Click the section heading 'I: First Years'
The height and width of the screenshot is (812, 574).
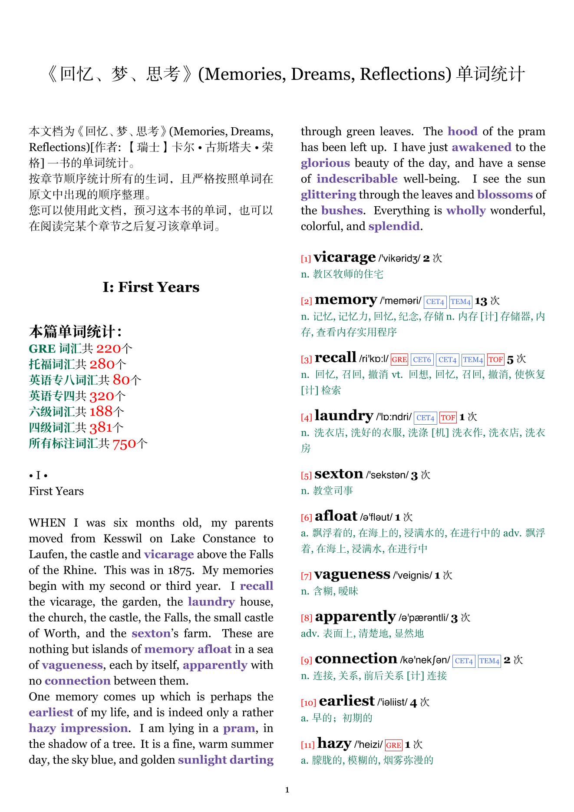pyautogui.click(x=151, y=287)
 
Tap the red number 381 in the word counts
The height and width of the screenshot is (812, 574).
pyautogui.click(x=101, y=428)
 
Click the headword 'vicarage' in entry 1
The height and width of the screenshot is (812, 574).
pyautogui.click(x=344, y=257)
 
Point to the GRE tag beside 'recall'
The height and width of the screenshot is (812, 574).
pyautogui.click(x=399, y=360)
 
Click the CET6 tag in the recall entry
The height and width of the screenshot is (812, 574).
pyautogui.click(x=422, y=360)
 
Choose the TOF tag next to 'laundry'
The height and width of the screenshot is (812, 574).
pyautogui.click(x=448, y=418)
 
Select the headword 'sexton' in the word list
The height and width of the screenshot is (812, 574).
pyautogui.click(x=339, y=474)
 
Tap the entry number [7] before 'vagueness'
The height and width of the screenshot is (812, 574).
pyautogui.click(x=306, y=576)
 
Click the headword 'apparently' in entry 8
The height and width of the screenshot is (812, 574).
pyautogui.click(x=355, y=617)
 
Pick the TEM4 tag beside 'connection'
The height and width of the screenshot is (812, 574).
pyautogui.click(x=489, y=661)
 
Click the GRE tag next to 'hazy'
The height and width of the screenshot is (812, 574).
pyautogui.click(x=393, y=745)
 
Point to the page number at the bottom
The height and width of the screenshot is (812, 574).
pyautogui.click(x=287, y=790)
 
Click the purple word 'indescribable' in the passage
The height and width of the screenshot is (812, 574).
pyautogui.click(x=356, y=179)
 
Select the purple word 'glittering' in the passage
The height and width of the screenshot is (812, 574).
pyautogui.click(x=328, y=195)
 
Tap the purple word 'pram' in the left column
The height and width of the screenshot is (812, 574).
pyautogui.click(x=238, y=728)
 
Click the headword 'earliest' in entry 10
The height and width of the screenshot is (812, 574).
pyautogui.click(x=346, y=701)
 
